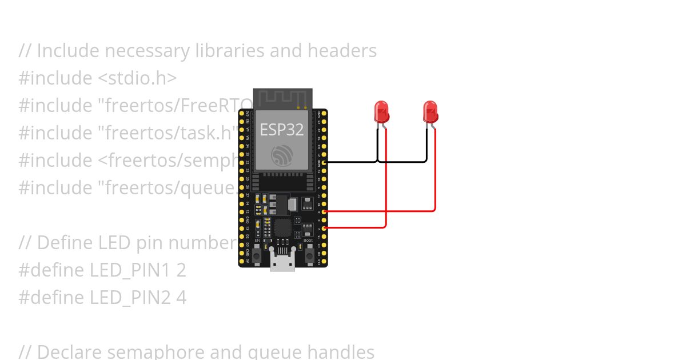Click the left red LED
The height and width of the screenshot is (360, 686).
tap(381, 111)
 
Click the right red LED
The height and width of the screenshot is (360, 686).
tap(430, 111)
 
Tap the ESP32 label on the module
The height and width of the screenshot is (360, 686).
tap(282, 129)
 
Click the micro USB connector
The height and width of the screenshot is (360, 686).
tap(283, 263)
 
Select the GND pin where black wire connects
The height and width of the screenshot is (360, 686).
tap(325, 162)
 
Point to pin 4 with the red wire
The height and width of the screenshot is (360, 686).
tap(325, 211)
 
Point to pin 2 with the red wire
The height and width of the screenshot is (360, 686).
tap(325, 228)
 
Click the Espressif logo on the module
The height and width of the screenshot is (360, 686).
tap(282, 155)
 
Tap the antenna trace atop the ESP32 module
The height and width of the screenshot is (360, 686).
tap(283, 98)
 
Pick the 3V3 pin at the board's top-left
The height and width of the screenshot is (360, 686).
tap(242, 114)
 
